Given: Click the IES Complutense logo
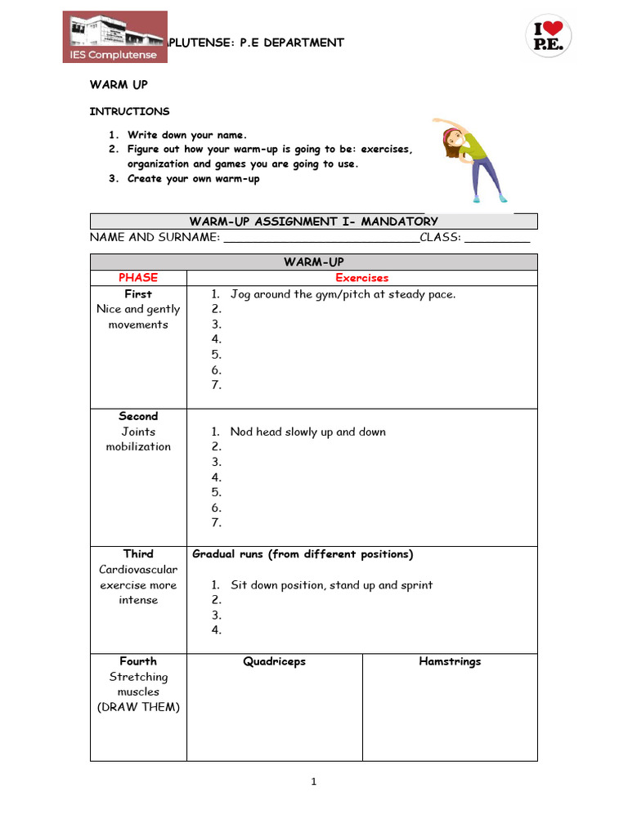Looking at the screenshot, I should pos(115,37).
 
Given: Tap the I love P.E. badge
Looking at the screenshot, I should pos(547,37).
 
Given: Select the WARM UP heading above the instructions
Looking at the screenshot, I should pos(119,85).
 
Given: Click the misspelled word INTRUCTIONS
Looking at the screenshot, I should pos(129,111).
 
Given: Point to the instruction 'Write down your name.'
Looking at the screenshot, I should pos(186,135).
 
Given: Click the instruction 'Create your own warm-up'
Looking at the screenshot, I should pos(193,179).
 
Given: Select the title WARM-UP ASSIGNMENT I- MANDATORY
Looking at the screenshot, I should pos(313,222).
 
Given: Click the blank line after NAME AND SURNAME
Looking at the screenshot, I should pos(321,238).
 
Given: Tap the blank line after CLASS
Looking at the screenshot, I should pos(497,238).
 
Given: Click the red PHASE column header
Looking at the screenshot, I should pos(137,278).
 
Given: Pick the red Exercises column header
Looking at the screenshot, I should pos(361,278).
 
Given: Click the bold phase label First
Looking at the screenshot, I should pos(137,293).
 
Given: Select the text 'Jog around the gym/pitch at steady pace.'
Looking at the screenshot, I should pos(343,294).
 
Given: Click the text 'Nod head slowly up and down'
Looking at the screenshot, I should pos(307,432).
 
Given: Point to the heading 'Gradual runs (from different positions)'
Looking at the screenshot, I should pos(303,554).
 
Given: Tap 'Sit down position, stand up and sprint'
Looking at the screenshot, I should pos(331,585).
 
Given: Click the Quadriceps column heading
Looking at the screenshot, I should pos(274,661).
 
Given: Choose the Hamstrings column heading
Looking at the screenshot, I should pos(450,661).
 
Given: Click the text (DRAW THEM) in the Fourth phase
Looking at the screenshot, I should pos(138,707).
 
